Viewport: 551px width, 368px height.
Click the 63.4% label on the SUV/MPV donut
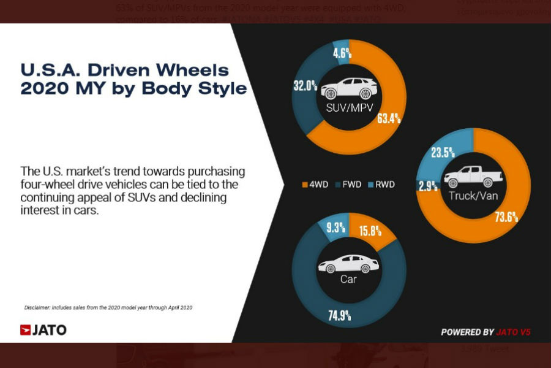[x=388, y=117]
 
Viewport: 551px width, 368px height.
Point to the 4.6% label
[x=342, y=53]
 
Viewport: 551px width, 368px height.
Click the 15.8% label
[x=370, y=231]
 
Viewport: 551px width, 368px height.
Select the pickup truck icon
[x=473, y=177]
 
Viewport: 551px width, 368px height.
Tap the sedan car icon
[x=348, y=264]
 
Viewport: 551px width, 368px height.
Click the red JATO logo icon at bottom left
[x=26, y=330]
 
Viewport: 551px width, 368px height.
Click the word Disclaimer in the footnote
[x=38, y=307]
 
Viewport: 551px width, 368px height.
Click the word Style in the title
[x=220, y=88]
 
